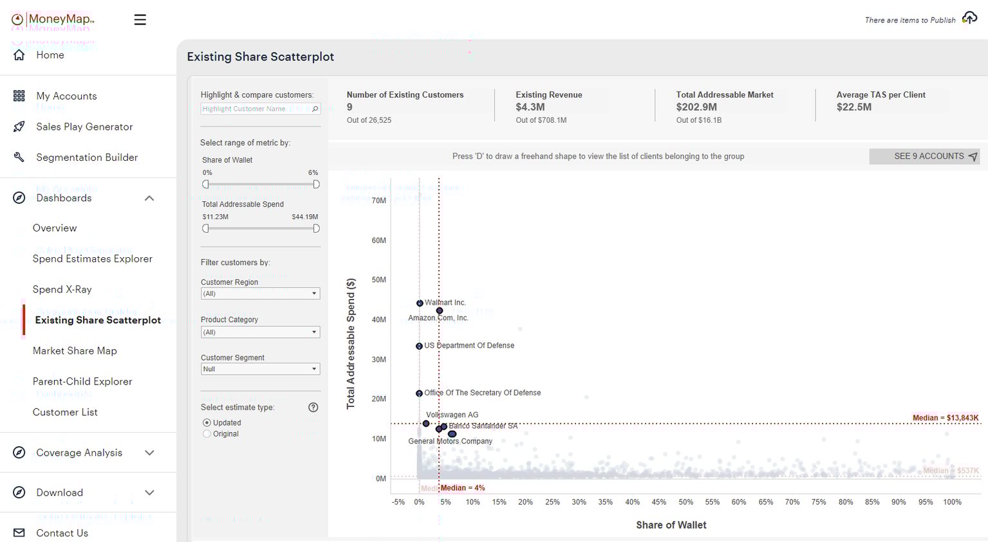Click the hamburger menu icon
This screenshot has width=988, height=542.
(x=140, y=20)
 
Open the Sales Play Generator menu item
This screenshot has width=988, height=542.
(x=84, y=127)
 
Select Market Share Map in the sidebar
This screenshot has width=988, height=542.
(x=75, y=350)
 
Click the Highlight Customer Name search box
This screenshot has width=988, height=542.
(x=256, y=109)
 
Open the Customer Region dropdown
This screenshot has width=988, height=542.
(x=260, y=294)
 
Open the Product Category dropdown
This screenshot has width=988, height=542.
(x=260, y=332)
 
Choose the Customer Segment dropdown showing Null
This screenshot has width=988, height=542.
(x=260, y=369)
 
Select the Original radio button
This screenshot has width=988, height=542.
(x=207, y=434)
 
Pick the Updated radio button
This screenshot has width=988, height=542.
(x=207, y=422)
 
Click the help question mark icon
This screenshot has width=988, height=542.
(x=313, y=407)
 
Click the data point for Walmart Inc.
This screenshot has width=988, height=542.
(x=420, y=303)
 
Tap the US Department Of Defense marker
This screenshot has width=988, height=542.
(x=419, y=346)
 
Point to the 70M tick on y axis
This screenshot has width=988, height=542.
(x=378, y=201)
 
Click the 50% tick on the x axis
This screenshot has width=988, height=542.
(x=685, y=502)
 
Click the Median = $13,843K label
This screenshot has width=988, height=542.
(x=945, y=418)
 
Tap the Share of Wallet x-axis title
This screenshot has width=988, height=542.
(x=671, y=525)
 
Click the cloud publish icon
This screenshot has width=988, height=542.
(x=969, y=18)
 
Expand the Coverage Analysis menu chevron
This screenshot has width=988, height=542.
(x=149, y=453)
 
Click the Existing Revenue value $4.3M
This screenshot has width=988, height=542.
(x=530, y=107)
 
